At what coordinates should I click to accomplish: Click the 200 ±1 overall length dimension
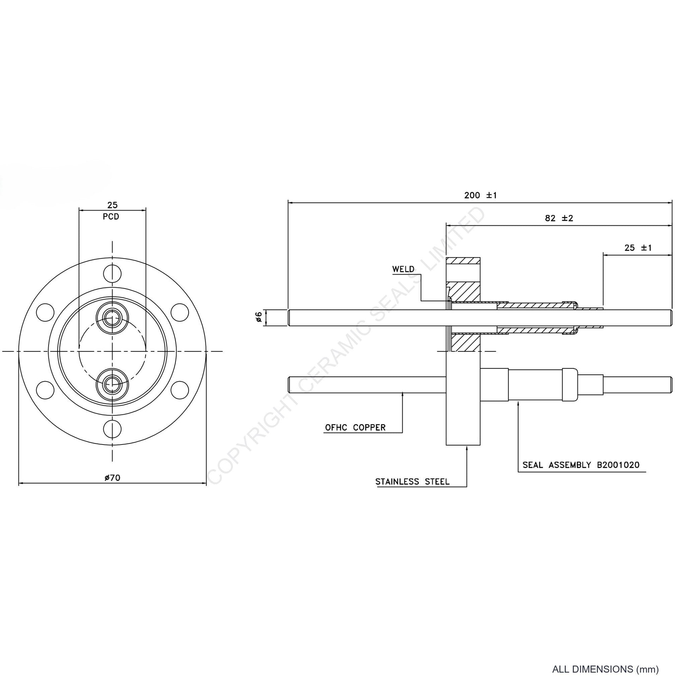pyautogui.click(x=480, y=195)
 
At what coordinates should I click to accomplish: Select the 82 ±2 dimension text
pyautogui.click(x=559, y=218)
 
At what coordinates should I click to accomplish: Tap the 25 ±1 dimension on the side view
pyautogui.click(x=638, y=248)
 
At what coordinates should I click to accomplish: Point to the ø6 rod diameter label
pyautogui.click(x=259, y=317)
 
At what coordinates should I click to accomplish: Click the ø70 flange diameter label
pyautogui.click(x=112, y=478)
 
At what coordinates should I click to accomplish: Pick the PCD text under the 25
pyautogui.click(x=111, y=216)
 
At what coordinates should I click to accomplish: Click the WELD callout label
pyautogui.click(x=403, y=269)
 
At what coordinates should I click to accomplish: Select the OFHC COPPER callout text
pyautogui.click(x=355, y=428)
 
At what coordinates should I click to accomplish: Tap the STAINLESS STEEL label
pyautogui.click(x=412, y=482)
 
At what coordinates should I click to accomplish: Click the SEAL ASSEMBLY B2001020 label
pyautogui.click(x=581, y=465)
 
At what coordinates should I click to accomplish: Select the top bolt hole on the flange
pyautogui.click(x=112, y=274)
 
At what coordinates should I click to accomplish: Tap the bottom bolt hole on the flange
pyautogui.click(x=112, y=429)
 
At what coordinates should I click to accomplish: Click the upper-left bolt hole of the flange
pyautogui.click(x=45, y=313)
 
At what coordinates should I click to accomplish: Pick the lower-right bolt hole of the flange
pyautogui.click(x=180, y=390)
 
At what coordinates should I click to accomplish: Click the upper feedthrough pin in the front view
pyautogui.click(x=112, y=318)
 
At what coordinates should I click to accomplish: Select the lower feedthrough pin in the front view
pyautogui.click(x=112, y=384)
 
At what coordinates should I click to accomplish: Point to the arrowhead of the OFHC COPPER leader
pyautogui.click(x=402, y=394)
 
